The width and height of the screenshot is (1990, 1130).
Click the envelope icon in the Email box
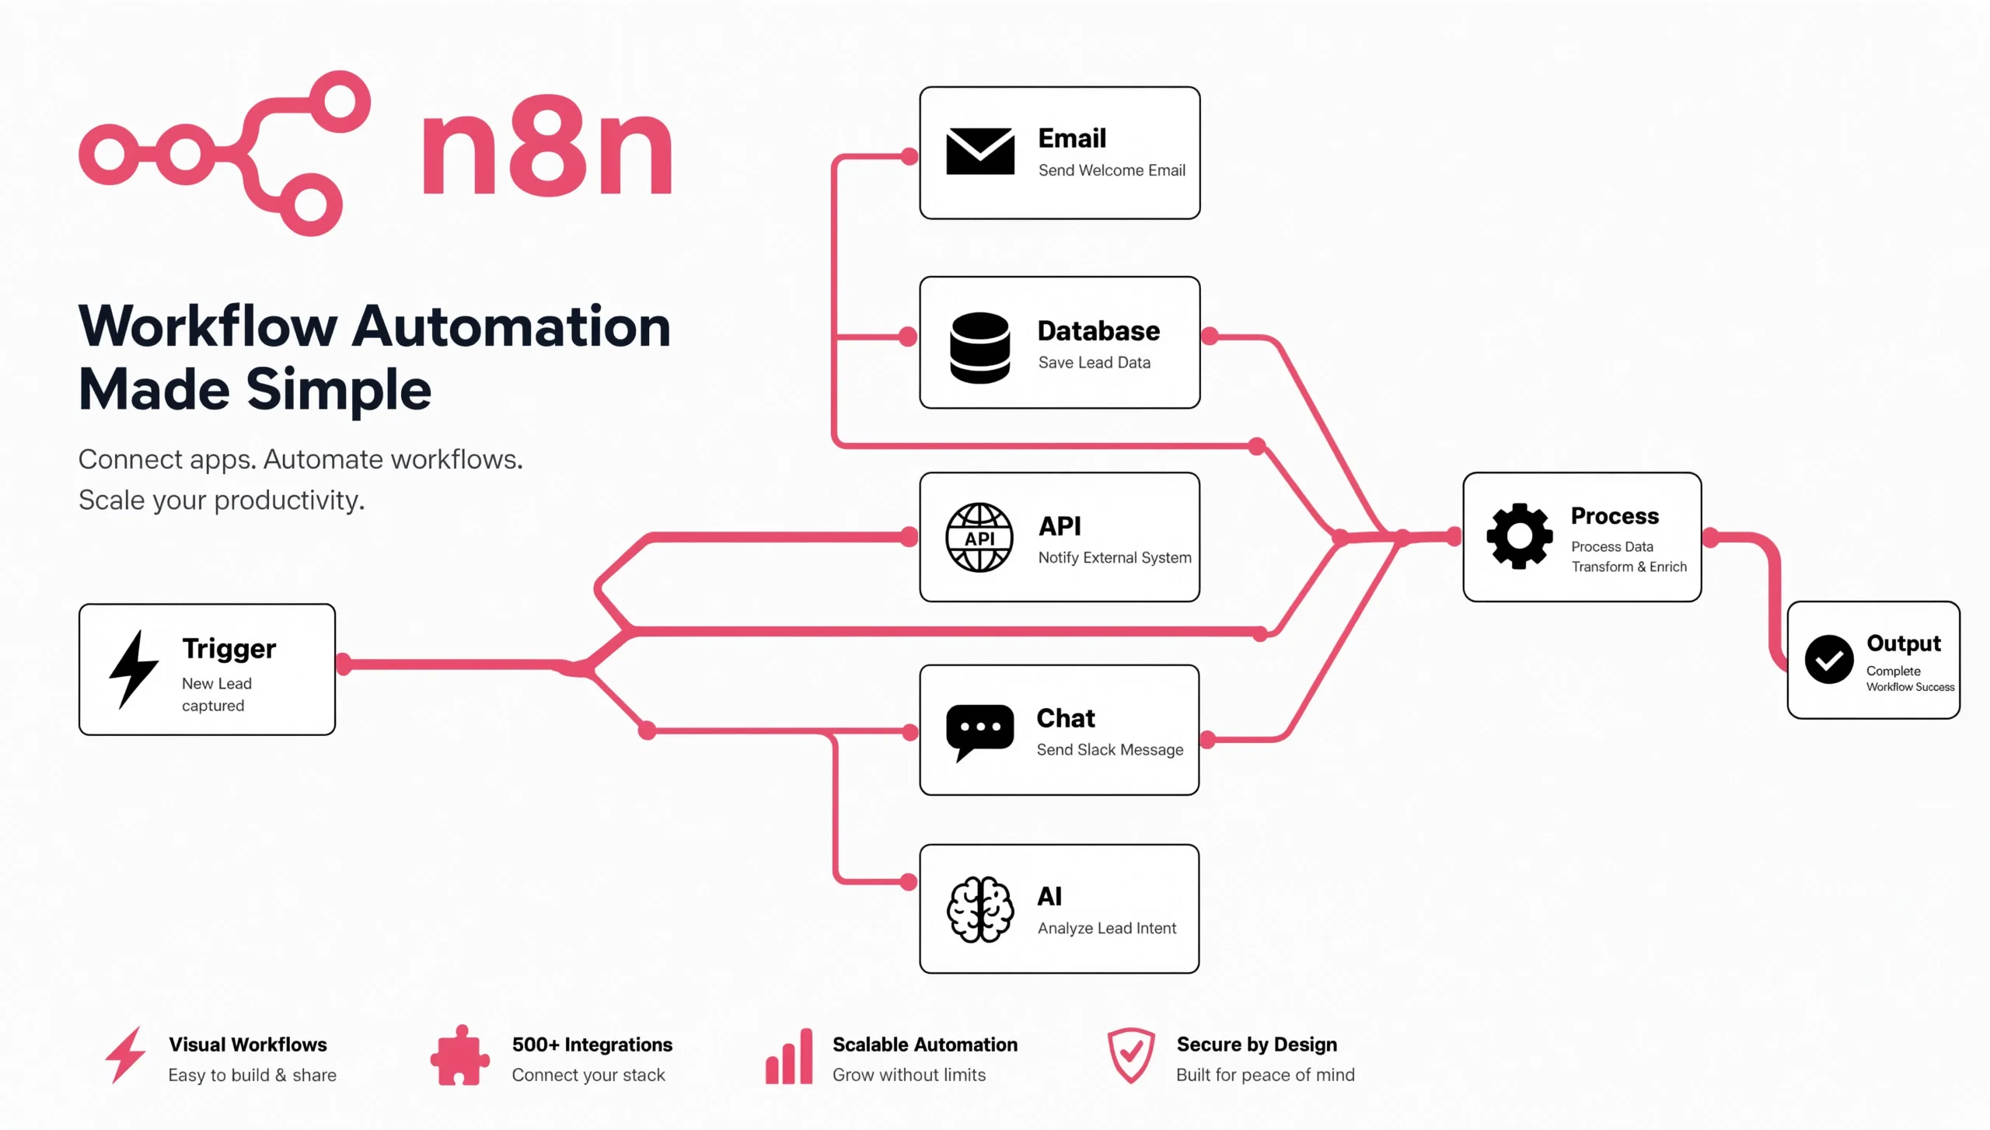tap(980, 152)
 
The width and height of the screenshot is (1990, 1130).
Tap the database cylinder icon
tap(980, 348)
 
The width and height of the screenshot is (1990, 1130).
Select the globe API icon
tap(979, 537)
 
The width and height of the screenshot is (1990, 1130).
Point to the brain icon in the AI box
tap(980, 909)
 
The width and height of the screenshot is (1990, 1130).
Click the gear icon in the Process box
tap(1520, 536)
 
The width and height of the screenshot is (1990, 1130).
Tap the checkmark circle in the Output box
tap(1829, 659)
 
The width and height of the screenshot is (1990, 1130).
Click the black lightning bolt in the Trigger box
tap(134, 669)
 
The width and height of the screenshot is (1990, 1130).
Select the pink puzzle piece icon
tap(460, 1055)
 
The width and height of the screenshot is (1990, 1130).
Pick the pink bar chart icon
tap(789, 1056)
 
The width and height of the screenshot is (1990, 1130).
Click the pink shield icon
tap(1131, 1055)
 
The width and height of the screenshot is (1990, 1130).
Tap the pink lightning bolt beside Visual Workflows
tap(125, 1055)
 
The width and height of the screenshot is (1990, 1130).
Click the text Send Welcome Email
tap(1112, 170)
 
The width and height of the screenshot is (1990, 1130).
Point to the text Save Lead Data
tap(1094, 362)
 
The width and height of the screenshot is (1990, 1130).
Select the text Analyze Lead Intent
tap(1107, 928)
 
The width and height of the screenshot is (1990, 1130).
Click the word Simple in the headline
tap(339, 390)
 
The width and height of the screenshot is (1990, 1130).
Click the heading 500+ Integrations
tap(592, 1045)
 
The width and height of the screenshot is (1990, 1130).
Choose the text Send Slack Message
tap(1110, 750)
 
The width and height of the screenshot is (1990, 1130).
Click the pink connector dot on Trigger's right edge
tap(344, 664)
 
